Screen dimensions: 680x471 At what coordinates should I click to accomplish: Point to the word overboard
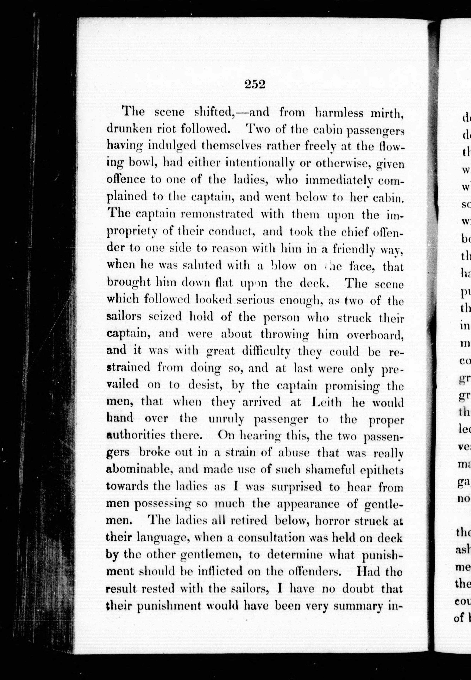pos(375,335)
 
